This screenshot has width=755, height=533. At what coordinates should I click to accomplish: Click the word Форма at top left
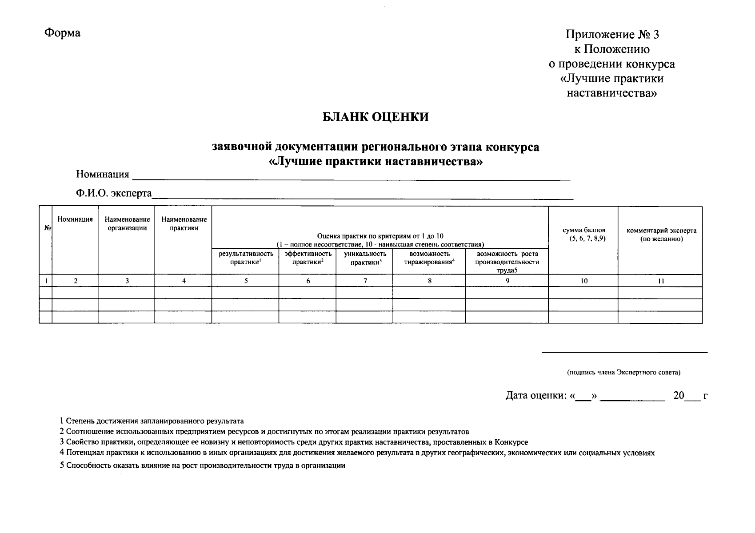62,33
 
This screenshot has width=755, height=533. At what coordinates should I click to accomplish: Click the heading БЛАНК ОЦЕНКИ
375,117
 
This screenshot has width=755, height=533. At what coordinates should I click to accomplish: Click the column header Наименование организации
127,224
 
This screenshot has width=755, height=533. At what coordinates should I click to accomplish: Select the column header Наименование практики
184,224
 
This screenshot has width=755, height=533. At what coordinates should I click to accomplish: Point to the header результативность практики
245,258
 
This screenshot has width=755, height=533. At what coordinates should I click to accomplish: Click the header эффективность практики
308,258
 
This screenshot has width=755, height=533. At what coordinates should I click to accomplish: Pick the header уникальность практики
365,258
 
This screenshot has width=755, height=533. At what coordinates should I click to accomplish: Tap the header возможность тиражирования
429,258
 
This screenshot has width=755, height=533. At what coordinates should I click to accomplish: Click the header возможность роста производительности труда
507,262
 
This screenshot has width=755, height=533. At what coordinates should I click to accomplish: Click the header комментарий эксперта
661,235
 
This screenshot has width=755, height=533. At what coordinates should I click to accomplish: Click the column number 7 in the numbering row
365,281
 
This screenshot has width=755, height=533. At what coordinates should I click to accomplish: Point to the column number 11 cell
661,281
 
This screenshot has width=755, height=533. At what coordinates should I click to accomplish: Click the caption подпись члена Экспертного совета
623,373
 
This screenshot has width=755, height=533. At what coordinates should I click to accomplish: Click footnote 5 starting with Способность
203,466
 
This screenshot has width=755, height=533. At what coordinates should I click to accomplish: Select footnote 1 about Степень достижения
152,421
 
